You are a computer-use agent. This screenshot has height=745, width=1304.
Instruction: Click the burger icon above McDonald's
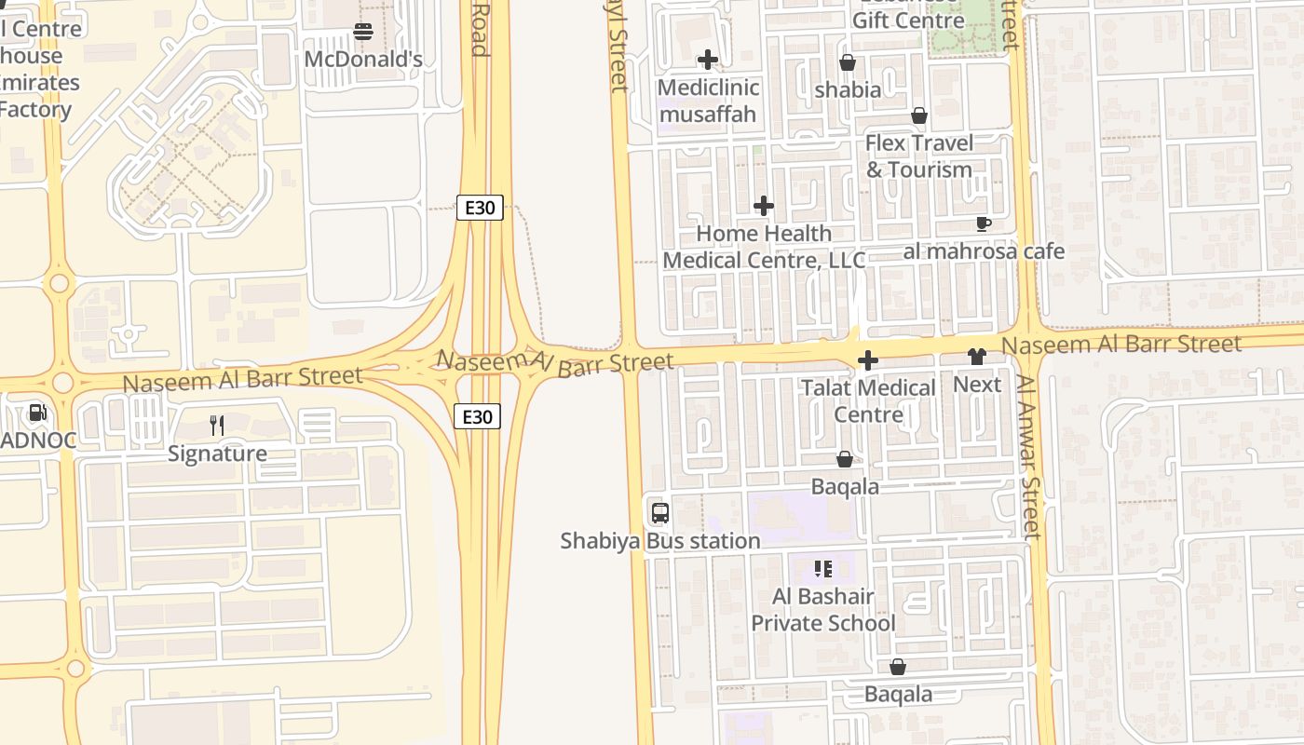pos(362,33)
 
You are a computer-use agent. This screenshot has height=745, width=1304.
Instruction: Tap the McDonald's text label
pos(363,60)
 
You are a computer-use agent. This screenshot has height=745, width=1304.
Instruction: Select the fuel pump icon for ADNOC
pos(37,412)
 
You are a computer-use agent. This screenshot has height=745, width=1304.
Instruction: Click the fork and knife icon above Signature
pos(217,426)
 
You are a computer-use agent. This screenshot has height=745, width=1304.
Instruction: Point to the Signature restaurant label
pos(217,454)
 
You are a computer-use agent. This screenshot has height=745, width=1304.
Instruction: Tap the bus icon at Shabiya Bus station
pos(660,513)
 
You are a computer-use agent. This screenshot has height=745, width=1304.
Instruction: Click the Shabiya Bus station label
pos(660,540)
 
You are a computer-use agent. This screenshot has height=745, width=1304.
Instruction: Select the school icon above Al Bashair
pos(822,568)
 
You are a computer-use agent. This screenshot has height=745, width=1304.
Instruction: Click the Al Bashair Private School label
pos(823,610)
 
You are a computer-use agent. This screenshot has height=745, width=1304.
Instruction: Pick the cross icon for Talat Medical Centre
pos(868,360)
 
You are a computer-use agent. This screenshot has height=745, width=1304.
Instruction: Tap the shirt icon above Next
pos(976,356)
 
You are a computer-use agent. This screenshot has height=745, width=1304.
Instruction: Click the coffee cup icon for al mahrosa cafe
pos(983,223)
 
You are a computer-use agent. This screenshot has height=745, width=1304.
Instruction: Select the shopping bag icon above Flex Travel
pos(919,115)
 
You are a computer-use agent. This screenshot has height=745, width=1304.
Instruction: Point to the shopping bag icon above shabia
pos(848,62)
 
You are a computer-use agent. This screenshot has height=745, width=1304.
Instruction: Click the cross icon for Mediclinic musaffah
pos(708,60)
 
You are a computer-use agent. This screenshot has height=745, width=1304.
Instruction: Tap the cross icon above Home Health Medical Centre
pos(764,205)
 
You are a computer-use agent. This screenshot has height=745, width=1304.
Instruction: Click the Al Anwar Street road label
pos(1028,456)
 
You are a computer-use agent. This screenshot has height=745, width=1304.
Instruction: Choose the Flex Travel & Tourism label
pos(919,156)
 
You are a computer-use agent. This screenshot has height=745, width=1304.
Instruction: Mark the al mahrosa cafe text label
pos(984,251)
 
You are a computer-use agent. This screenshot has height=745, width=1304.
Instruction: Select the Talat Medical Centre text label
pos(868,400)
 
